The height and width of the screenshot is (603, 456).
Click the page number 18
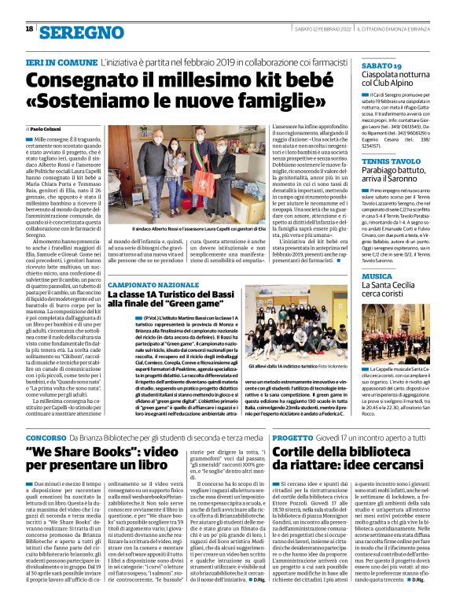pos(29,28)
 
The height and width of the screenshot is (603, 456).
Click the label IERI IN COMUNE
pos(61,61)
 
